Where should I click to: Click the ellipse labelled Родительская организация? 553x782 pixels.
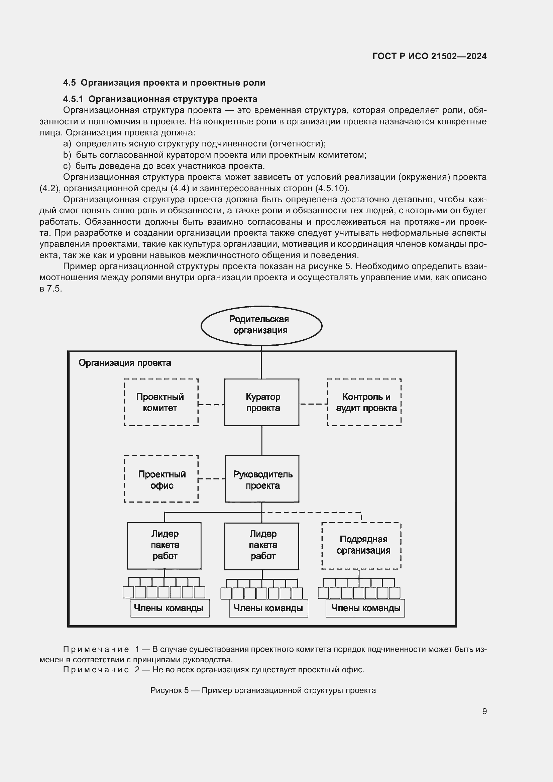[261, 326]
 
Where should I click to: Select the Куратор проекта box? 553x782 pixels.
[261, 402]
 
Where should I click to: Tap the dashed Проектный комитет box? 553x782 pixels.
[161, 402]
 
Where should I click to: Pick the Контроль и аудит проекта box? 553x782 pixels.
[364, 402]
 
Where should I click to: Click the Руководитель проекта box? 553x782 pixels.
[262, 478]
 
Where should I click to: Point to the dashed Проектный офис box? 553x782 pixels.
[161, 478]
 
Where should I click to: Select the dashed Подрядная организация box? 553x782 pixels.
[361, 545]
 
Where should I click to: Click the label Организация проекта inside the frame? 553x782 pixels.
[125, 363]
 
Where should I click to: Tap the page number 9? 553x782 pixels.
[484, 711]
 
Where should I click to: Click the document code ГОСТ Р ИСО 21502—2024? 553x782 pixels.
[429, 56]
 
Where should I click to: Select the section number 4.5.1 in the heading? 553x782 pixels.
[73, 99]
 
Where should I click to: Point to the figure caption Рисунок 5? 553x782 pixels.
[169, 690]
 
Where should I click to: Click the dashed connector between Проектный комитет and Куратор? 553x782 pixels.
[211, 405]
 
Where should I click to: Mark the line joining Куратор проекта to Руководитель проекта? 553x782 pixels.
[261, 440]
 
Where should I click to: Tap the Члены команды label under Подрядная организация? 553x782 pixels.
[365, 608]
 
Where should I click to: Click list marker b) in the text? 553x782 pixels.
[67, 155]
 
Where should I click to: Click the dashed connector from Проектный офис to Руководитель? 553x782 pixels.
[211, 478]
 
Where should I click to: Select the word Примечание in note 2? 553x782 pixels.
[96, 670]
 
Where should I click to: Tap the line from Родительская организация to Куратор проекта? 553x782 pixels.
[261, 362]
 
